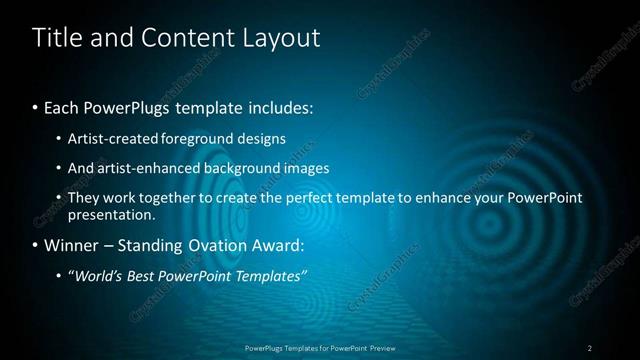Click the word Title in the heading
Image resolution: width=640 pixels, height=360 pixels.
(55, 38)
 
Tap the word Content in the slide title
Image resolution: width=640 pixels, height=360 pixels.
(184, 38)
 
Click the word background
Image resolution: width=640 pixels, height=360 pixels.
(243, 168)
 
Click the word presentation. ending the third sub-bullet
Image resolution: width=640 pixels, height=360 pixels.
(110, 214)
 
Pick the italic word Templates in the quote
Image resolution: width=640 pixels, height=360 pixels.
(273, 275)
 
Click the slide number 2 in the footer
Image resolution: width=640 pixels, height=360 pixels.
(589, 347)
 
